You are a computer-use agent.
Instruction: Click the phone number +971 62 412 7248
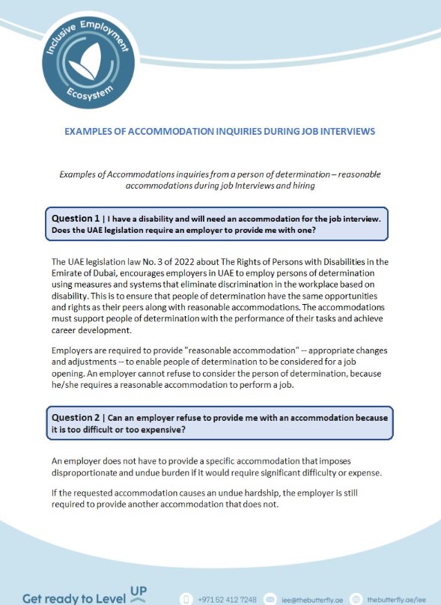pyautogui.click(x=228, y=599)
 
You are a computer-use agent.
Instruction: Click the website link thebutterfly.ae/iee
pyautogui.click(x=396, y=599)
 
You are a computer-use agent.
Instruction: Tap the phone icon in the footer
pyautogui.click(x=188, y=599)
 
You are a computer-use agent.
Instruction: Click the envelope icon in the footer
pyautogui.click(x=270, y=599)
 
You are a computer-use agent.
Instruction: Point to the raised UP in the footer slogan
pyautogui.click(x=138, y=592)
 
